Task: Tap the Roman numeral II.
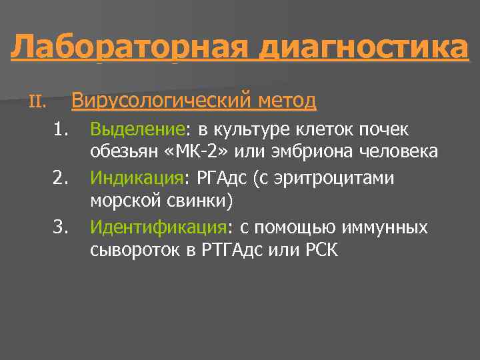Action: (x=37, y=102)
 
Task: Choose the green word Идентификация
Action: (x=159, y=228)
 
